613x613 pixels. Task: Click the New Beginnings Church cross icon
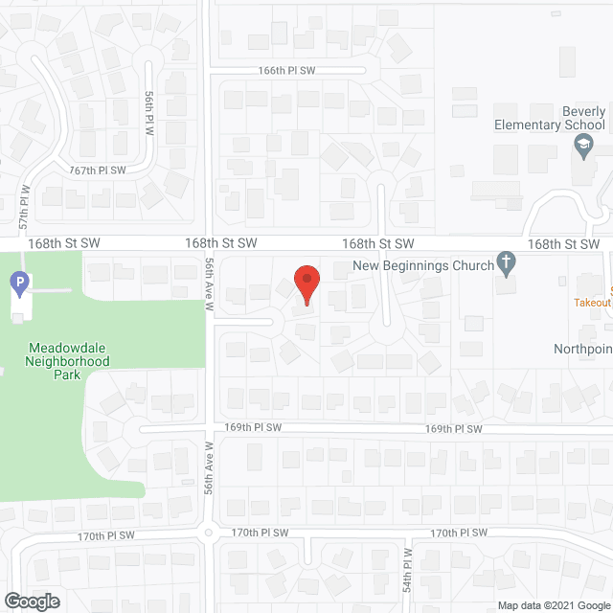tap(507, 264)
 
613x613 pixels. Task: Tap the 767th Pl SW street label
tap(99, 170)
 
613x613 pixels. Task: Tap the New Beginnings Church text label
tap(424, 264)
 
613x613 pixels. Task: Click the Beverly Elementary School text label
tap(551, 119)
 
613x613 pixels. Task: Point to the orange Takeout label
tap(592, 302)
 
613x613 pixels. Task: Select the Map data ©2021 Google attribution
tap(553, 605)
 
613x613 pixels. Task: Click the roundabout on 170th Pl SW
tap(208, 533)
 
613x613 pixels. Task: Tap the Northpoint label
tap(582, 349)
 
